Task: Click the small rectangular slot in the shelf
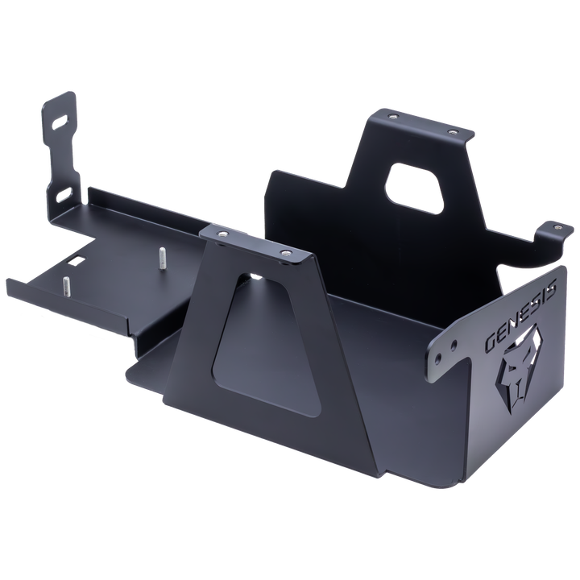pyautogui.click(x=76, y=262)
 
